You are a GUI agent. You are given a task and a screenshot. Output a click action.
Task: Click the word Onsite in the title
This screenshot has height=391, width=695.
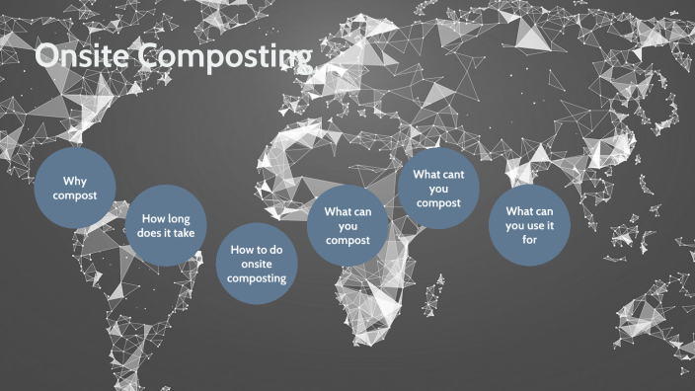pos(81,58)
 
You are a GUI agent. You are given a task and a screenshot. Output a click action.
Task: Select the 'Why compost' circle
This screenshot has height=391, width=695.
pos(74,189)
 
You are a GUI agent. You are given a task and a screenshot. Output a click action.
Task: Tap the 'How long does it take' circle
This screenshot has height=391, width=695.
pos(167,225)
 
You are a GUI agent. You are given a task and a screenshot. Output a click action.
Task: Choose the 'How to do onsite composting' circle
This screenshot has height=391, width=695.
pos(257,264)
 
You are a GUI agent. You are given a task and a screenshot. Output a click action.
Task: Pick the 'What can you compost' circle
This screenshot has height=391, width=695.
pos(347,225)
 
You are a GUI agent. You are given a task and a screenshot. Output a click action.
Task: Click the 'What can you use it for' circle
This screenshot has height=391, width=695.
pos(530,225)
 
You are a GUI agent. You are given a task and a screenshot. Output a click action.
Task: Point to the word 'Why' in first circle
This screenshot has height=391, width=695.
pos(75,182)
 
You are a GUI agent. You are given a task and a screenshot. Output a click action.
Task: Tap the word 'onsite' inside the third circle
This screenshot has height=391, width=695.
pos(257,264)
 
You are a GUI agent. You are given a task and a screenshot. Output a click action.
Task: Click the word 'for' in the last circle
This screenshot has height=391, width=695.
pos(530,240)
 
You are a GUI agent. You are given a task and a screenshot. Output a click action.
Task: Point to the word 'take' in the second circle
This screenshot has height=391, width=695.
pos(184,233)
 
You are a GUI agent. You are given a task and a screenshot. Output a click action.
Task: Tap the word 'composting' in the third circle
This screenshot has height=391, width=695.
pos(257,278)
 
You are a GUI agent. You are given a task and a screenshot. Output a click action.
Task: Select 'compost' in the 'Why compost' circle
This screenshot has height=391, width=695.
pos(74,196)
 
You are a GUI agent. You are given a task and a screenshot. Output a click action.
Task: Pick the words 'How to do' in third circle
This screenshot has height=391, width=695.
pos(257,250)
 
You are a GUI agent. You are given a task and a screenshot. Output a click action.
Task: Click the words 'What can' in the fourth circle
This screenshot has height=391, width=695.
pos(347,211)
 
